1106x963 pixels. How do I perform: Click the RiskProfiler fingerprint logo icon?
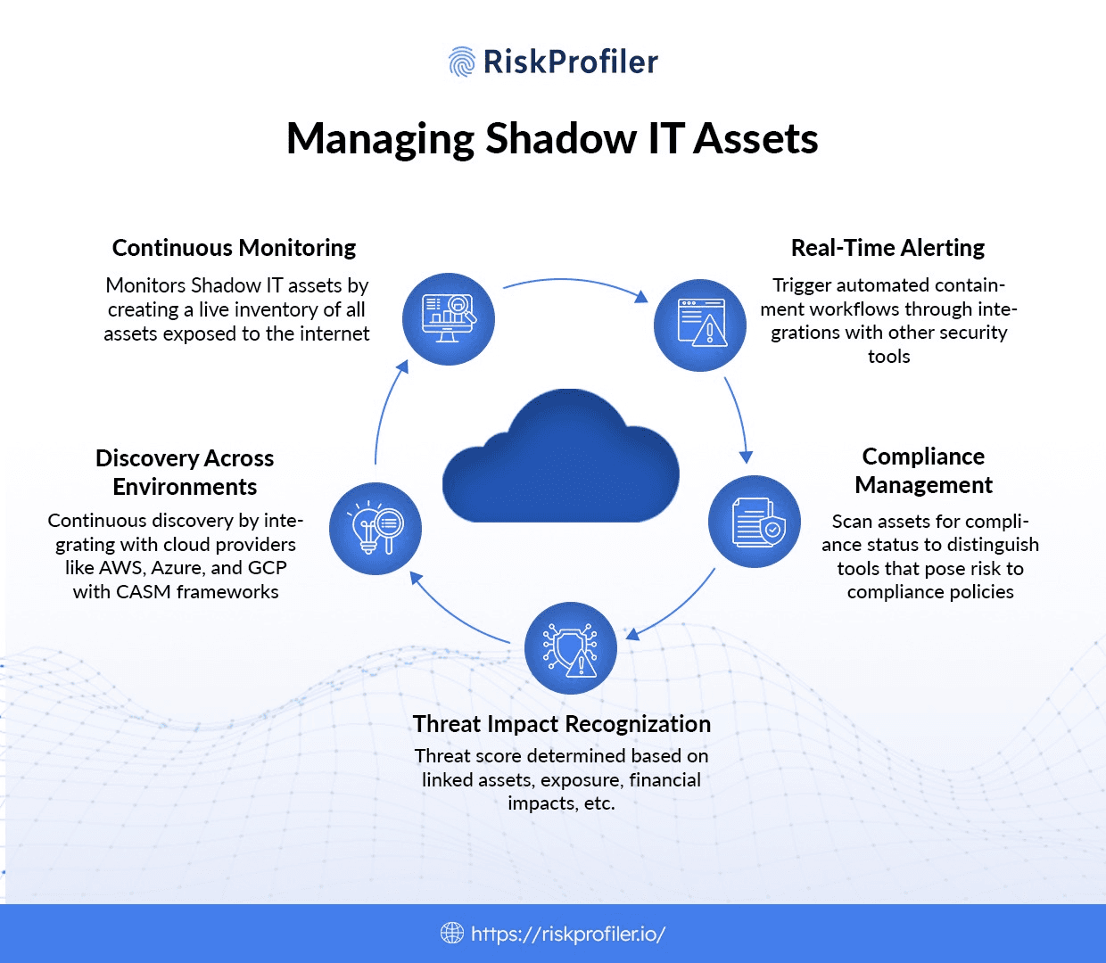[x=461, y=62]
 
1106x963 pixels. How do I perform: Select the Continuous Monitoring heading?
[x=234, y=248]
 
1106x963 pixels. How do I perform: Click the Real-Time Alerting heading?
[x=887, y=248]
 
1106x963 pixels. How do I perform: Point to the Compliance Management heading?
[x=923, y=471]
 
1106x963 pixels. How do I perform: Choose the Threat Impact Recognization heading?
[x=562, y=724]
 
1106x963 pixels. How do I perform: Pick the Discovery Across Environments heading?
[x=185, y=473]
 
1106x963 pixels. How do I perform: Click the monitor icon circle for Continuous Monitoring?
[x=449, y=318]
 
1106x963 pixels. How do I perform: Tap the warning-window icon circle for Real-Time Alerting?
[x=700, y=324]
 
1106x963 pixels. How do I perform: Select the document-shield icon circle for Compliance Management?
[x=755, y=523]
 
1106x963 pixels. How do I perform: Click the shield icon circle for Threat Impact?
[x=571, y=648]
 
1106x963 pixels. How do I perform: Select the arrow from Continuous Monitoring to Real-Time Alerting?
[x=575, y=284]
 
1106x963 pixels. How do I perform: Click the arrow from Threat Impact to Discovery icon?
[x=455, y=615]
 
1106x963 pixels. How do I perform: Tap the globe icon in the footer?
[x=452, y=934]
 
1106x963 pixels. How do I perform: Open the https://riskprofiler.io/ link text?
[x=568, y=934]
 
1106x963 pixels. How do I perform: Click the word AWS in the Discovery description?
[x=120, y=568]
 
